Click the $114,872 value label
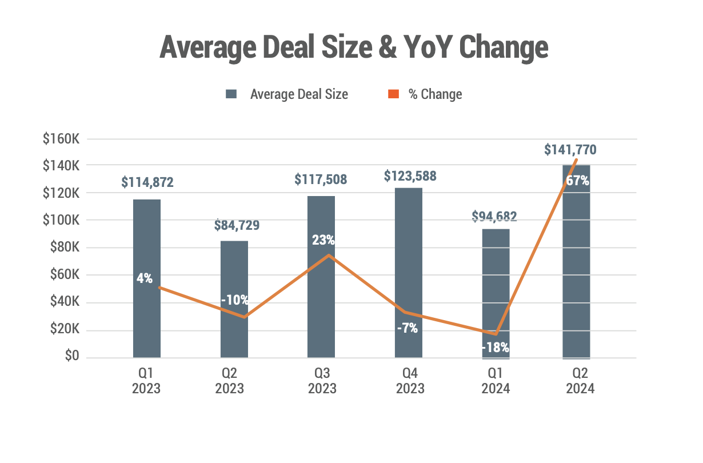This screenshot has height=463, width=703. (147, 182)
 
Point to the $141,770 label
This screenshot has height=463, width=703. (570, 150)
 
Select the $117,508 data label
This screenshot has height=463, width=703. (321, 179)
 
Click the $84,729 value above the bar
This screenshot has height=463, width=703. (237, 225)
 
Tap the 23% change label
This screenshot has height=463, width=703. (323, 241)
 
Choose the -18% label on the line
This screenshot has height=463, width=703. (495, 347)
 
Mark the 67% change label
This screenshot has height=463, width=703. (577, 181)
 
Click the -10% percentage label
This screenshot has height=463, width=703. (235, 300)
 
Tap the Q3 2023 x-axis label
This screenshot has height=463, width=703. (322, 381)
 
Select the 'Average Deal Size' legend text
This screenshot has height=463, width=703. (299, 94)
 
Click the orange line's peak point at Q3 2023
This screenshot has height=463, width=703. (329, 255)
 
